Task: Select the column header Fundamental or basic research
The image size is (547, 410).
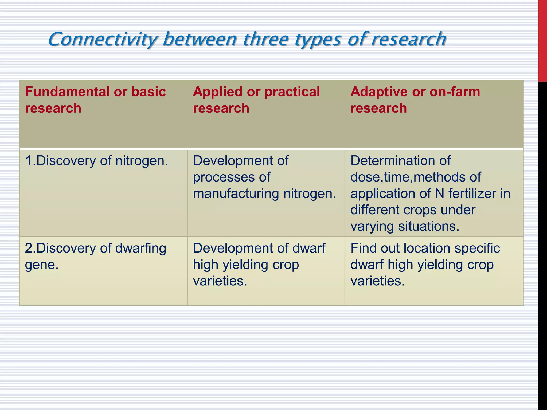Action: point(95,100)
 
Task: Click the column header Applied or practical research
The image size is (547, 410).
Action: point(256,100)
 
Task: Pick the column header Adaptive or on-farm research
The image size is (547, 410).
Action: point(415,100)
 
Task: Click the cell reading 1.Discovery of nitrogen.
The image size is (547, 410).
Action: point(96,161)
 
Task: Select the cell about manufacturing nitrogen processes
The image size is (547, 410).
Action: point(264,177)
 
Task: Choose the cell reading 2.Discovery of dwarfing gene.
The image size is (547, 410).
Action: point(95,256)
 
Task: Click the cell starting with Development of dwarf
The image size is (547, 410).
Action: point(259,265)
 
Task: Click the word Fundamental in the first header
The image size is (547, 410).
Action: point(67,92)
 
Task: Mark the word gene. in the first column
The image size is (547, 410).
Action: point(42,265)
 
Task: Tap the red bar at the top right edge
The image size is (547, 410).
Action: point(542,40)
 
